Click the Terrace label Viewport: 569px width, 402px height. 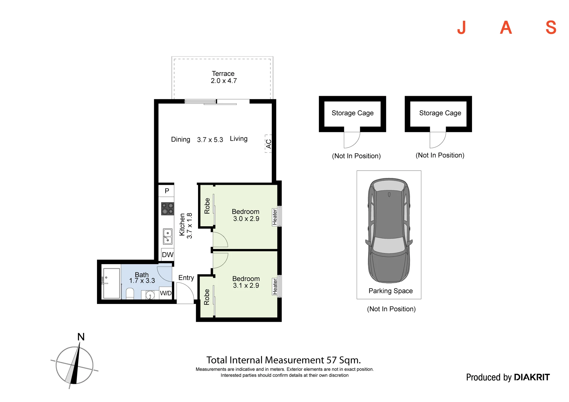[x=223, y=74]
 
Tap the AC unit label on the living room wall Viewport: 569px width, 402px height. [x=269, y=144]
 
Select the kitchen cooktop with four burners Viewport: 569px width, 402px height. [x=168, y=208]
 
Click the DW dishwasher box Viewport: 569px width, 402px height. [x=168, y=255]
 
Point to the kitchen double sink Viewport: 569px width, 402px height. [x=168, y=237]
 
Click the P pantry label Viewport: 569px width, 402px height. [x=167, y=191]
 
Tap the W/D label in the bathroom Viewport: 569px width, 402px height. [x=166, y=293]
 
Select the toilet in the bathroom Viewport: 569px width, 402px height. [x=130, y=294]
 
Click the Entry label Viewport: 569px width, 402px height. [x=186, y=278]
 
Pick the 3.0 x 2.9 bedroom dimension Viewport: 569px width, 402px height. [x=246, y=219]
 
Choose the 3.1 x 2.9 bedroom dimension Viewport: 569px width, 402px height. [x=246, y=286]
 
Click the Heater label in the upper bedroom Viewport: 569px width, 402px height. [x=275, y=217]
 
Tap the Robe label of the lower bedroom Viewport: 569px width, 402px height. [x=207, y=297]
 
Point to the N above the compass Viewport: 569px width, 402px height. [x=81, y=337]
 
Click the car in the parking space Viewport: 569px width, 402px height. [x=389, y=231]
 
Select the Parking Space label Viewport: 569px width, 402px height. [x=391, y=291]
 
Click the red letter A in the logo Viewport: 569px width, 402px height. [x=506, y=28]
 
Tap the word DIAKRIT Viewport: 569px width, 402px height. [x=532, y=377]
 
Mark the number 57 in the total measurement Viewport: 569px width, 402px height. [x=331, y=360]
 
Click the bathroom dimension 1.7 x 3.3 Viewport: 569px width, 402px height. [x=142, y=281]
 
